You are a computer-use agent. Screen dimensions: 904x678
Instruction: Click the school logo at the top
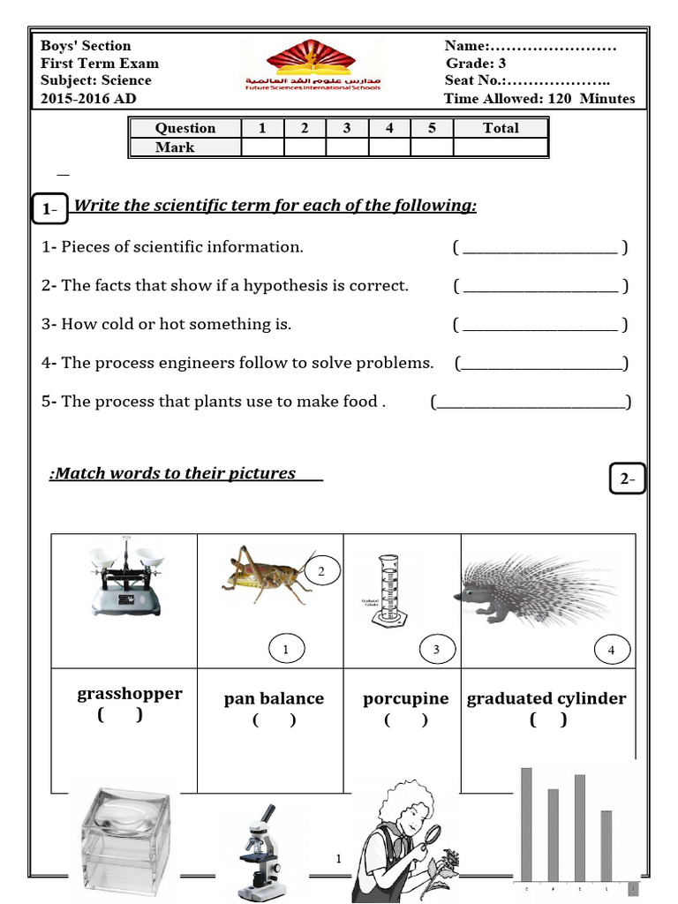tap(313, 67)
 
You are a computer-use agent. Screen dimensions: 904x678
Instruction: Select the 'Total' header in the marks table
tap(501, 128)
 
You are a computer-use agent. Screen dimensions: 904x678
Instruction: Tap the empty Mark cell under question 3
tap(347, 147)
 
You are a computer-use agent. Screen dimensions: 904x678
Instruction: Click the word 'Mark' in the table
tap(175, 147)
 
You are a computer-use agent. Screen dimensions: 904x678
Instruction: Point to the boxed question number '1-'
tap(49, 209)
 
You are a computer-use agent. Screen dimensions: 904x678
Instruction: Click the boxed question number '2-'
tap(628, 479)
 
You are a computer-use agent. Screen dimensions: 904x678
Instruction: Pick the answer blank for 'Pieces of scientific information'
tap(539, 248)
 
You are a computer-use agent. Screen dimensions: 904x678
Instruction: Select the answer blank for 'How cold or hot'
tap(539, 326)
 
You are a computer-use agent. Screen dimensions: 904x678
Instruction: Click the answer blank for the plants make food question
tap(531, 403)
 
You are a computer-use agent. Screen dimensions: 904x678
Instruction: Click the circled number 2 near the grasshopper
tap(321, 571)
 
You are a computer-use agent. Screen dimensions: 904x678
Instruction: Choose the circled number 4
tap(611, 651)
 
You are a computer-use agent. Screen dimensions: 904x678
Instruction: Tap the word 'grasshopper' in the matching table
tap(130, 694)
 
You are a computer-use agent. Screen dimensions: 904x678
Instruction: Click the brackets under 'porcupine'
tap(406, 720)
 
